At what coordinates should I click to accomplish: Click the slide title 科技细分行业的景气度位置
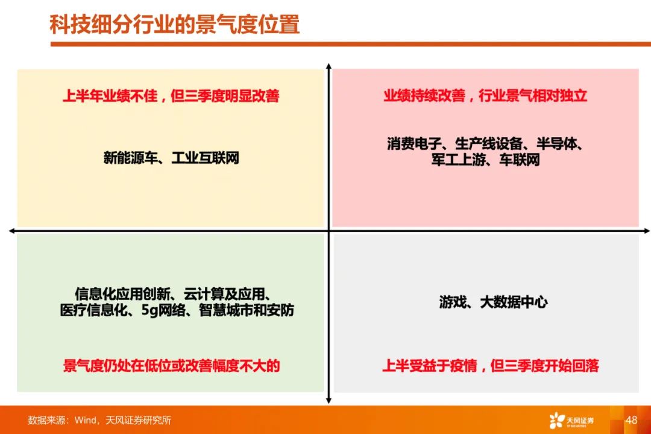click(174, 24)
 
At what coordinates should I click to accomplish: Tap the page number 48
click(631, 420)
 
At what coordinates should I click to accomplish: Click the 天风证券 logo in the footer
click(571, 420)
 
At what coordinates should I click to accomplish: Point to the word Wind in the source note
click(86, 420)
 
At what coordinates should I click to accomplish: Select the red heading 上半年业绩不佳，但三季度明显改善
click(171, 95)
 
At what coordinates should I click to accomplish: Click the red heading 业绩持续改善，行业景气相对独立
click(485, 95)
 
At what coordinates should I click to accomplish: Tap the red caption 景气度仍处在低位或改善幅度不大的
click(171, 366)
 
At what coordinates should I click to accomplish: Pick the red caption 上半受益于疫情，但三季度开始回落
click(490, 366)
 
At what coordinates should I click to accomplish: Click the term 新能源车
click(130, 158)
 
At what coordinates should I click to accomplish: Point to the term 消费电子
click(414, 144)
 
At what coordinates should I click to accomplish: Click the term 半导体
click(556, 144)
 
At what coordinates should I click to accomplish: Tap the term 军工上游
click(458, 159)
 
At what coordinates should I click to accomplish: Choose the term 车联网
click(520, 159)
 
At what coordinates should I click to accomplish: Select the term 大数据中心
click(514, 302)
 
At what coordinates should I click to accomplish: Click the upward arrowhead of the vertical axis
click(329, 66)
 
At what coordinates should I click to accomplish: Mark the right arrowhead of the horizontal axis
click(647, 231)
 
